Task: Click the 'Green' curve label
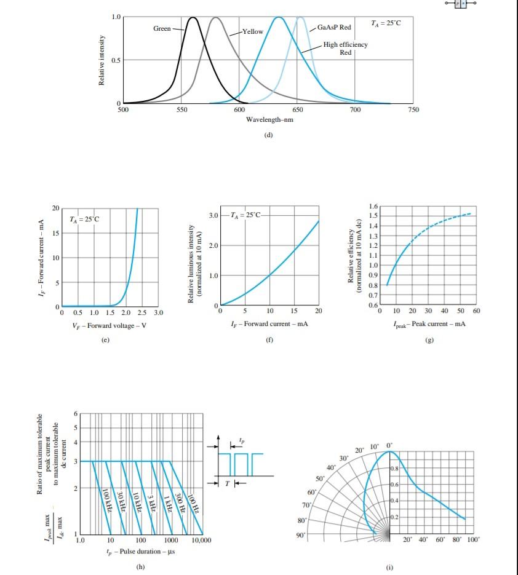162,29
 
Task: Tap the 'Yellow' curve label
253,31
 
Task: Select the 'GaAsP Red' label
335,28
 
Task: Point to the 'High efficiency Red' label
345,49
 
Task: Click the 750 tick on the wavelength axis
413,109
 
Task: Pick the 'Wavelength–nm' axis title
269,119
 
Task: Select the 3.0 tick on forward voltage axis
158,314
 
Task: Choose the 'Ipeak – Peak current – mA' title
429,323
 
